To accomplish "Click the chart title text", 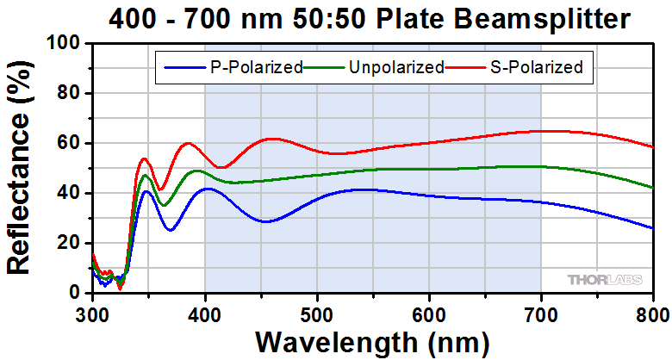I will [x=371, y=17].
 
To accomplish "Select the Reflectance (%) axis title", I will [x=21, y=168].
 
